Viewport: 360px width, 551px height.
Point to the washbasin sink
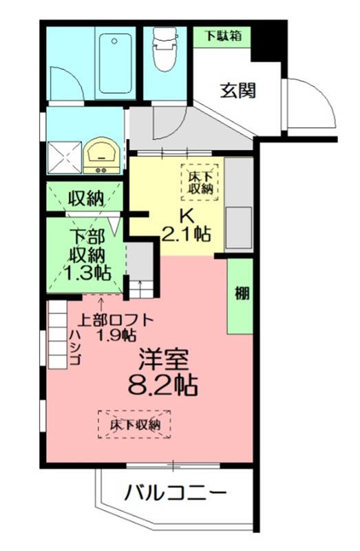pyautogui.click(x=103, y=156)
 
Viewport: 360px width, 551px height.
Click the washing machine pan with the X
pyautogui.click(x=63, y=156)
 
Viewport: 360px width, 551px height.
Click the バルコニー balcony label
pyautogui.click(x=176, y=493)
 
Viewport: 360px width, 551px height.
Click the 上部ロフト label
pyautogui.click(x=113, y=320)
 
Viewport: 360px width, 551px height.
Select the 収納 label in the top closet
pyautogui.click(x=86, y=199)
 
